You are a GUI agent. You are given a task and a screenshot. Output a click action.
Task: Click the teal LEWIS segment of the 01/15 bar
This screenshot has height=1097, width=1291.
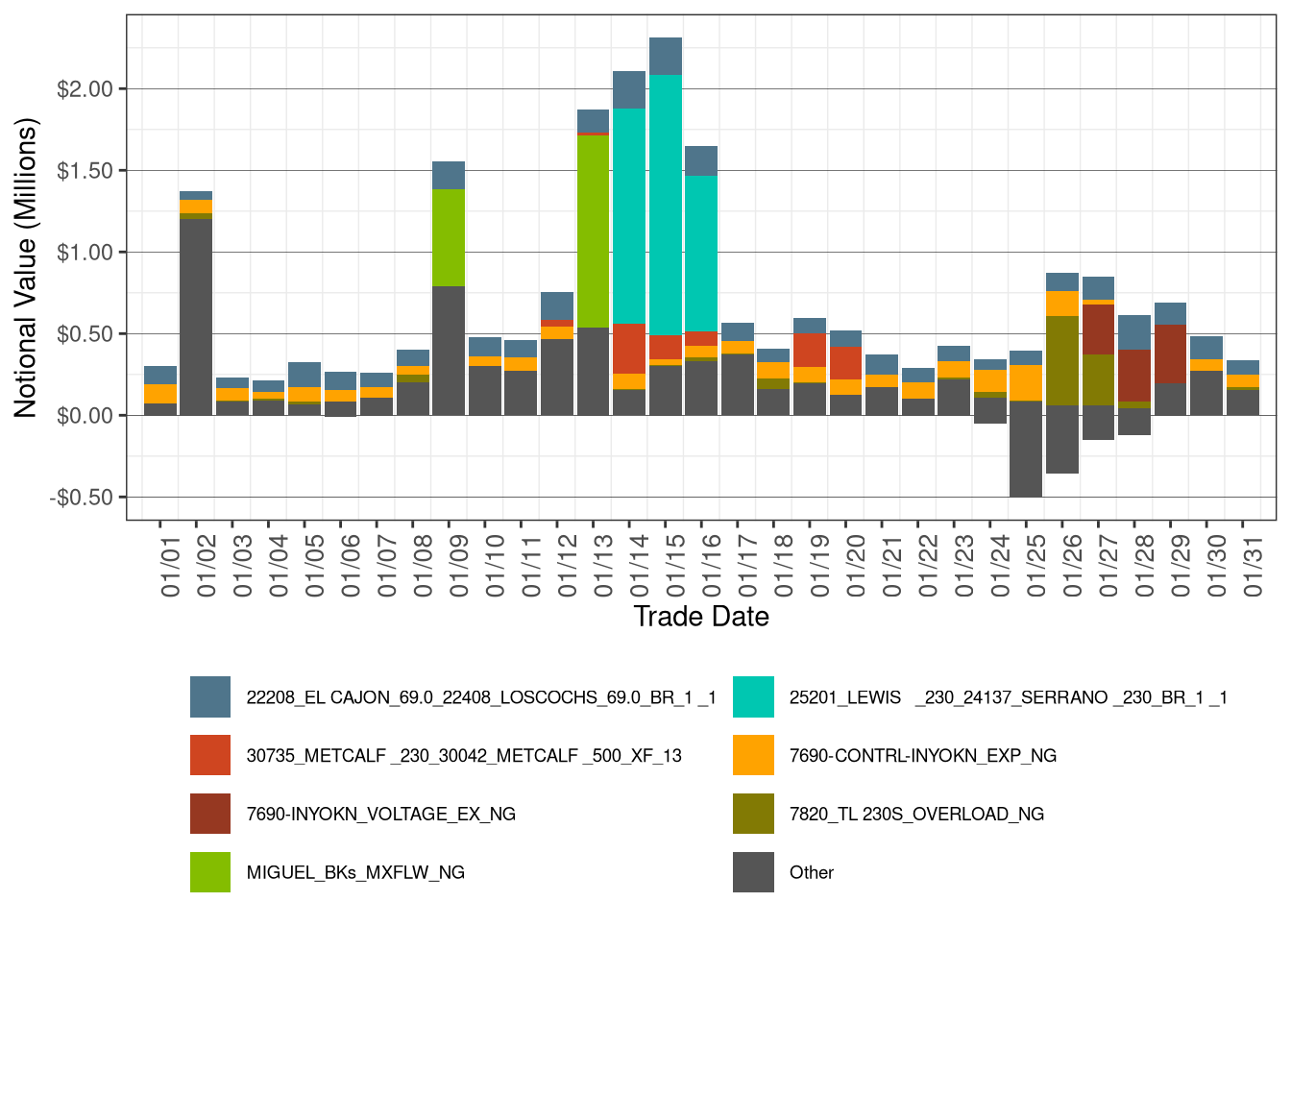(666, 205)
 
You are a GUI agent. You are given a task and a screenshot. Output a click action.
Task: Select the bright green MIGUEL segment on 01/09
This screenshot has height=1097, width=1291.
(449, 237)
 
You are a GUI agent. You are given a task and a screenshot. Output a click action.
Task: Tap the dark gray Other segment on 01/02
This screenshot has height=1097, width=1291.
(196, 317)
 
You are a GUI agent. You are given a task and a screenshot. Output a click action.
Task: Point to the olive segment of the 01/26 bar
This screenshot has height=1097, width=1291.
(1061, 360)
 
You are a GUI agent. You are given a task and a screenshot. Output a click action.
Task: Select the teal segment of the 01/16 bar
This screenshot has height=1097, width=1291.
(701, 254)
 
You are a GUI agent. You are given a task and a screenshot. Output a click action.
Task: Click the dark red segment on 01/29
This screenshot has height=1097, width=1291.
(1170, 354)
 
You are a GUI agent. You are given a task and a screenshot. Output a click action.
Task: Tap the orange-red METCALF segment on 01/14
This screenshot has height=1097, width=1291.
(629, 349)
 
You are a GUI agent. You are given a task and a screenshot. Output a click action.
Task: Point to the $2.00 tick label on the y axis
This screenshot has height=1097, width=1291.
(85, 89)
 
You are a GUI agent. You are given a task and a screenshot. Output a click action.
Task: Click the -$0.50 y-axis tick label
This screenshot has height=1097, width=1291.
(82, 498)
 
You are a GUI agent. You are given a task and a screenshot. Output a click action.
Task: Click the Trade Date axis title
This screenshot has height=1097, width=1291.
(701, 617)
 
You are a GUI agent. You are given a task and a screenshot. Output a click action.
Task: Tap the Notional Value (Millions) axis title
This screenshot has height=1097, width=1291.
(26, 268)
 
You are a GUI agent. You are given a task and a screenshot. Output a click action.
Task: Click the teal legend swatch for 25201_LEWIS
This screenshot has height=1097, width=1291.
(753, 697)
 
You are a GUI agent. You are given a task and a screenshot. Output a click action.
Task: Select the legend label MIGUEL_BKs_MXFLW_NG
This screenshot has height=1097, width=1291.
(355, 873)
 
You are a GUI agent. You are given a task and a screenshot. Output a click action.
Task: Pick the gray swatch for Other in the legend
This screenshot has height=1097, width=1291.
(753, 872)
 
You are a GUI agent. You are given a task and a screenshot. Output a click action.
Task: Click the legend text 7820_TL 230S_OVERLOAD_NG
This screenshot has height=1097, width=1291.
(916, 815)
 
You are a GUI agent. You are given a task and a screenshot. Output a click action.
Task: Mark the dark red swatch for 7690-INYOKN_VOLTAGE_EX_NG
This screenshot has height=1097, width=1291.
(210, 814)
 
